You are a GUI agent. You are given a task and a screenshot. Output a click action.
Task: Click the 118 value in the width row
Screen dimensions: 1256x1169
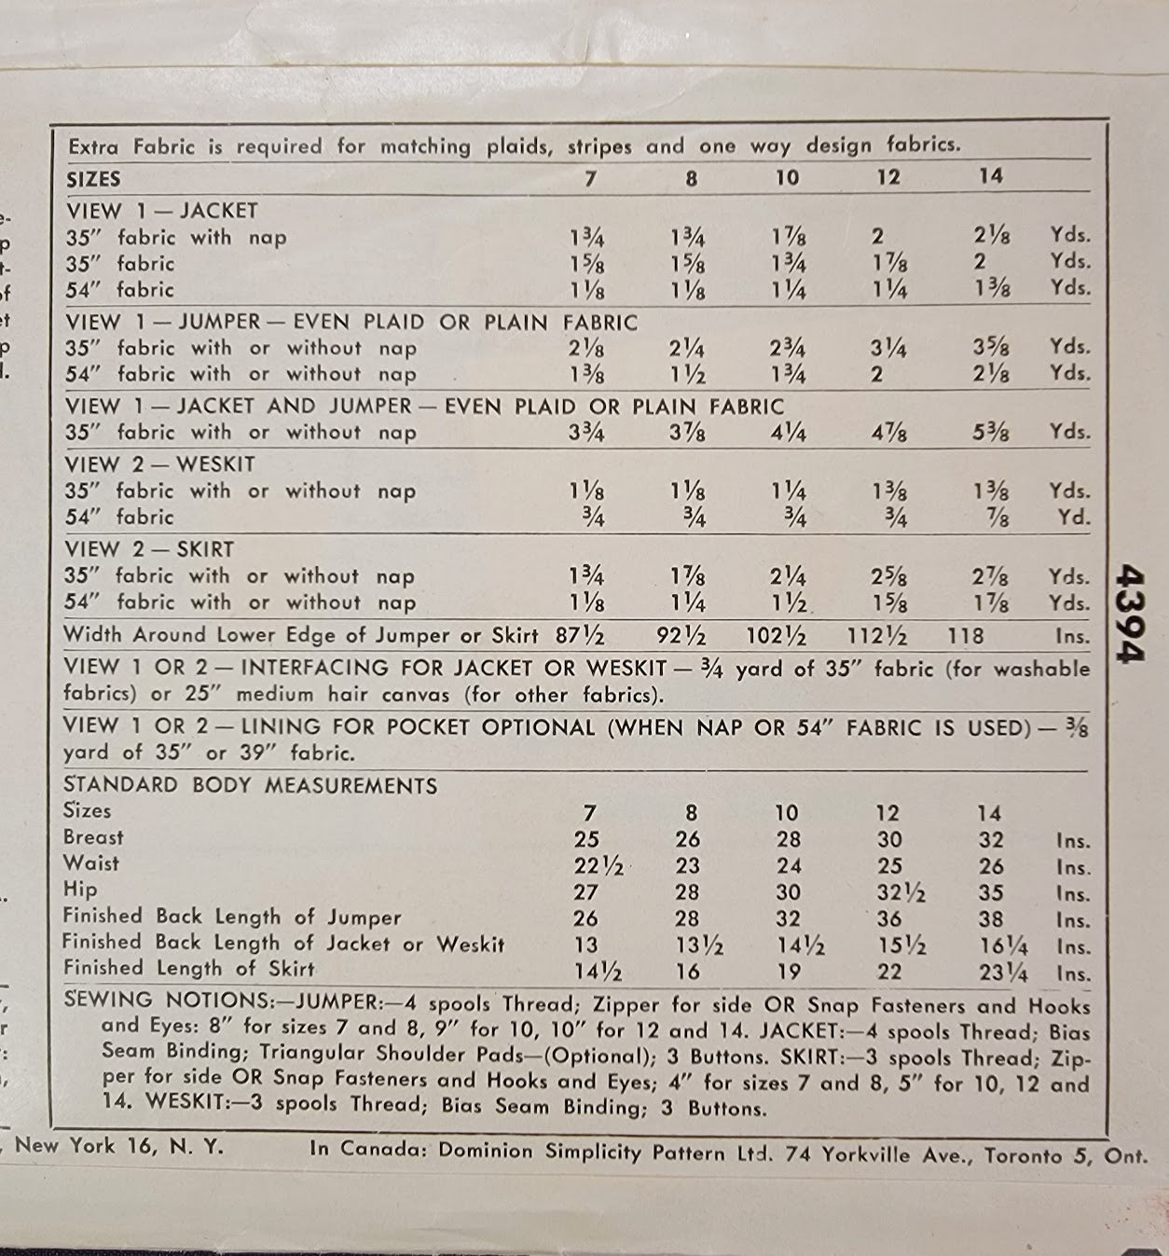tap(965, 637)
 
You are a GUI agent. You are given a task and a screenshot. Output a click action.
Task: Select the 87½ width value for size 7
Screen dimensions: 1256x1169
tap(580, 637)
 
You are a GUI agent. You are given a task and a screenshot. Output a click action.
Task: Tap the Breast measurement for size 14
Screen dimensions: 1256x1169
tap(991, 840)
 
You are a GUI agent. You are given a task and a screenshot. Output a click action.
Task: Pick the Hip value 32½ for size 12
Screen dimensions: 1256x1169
tap(901, 893)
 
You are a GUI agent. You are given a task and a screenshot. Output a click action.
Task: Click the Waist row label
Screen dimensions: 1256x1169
tap(91, 863)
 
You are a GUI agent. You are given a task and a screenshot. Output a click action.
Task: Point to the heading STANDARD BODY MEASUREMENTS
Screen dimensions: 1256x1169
tap(250, 786)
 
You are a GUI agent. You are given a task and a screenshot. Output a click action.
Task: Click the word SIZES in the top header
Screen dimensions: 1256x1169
tap(93, 179)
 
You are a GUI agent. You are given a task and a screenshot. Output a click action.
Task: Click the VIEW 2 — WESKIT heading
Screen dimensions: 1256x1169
tap(159, 464)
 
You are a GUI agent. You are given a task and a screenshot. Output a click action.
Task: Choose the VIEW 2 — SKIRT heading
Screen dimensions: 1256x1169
tap(149, 550)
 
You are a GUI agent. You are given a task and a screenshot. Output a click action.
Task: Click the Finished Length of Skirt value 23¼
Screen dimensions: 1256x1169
tap(1003, 973)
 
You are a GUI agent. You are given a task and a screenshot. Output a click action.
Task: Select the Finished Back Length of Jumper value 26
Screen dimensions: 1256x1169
tap(585, 919)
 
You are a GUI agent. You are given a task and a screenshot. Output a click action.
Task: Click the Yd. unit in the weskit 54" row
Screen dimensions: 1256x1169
tap(1073, 518)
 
